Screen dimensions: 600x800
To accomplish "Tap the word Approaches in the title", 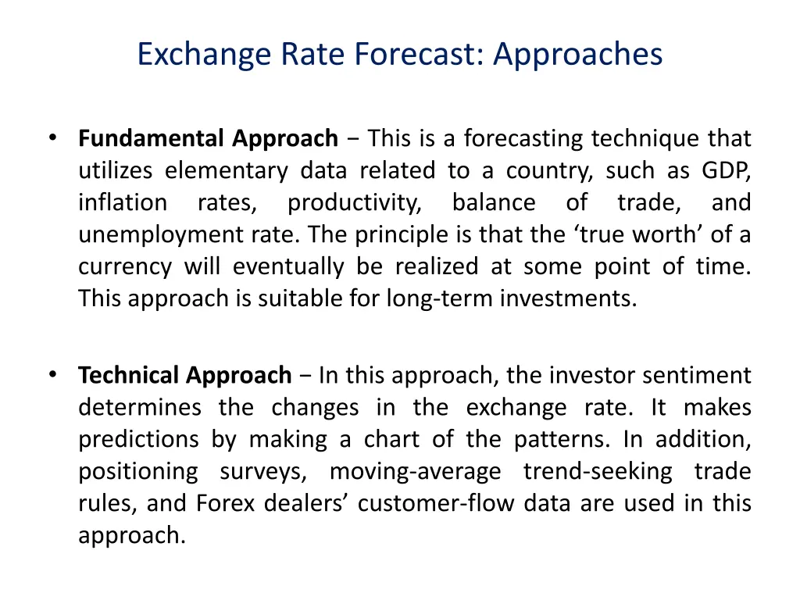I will tap(578, 55).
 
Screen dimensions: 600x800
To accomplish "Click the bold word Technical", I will tap(129, 376).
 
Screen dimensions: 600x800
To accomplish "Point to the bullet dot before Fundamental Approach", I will tap(52, 137).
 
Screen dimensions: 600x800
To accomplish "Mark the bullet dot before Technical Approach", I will tap(52, 374).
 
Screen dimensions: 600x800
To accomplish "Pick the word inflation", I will tap(122, 203).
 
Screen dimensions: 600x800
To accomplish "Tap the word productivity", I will tap(354, 203).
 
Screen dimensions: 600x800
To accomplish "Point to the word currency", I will tap(124, 267).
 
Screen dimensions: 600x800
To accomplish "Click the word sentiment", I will tap(697, 376).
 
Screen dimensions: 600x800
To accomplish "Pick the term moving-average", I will tap(415, 472).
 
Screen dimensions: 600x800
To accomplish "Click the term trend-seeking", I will tap(598, 472).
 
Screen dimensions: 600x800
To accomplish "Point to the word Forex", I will tap(225, 504).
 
